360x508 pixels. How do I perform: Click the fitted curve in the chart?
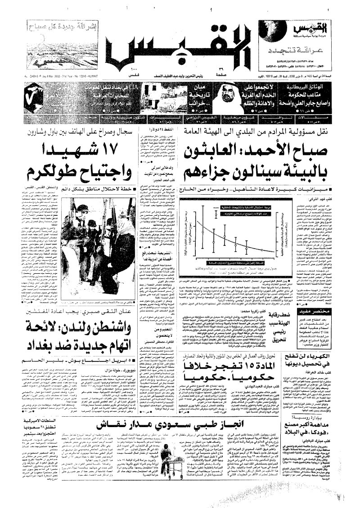pyautogui.click(x=234, y=238)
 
